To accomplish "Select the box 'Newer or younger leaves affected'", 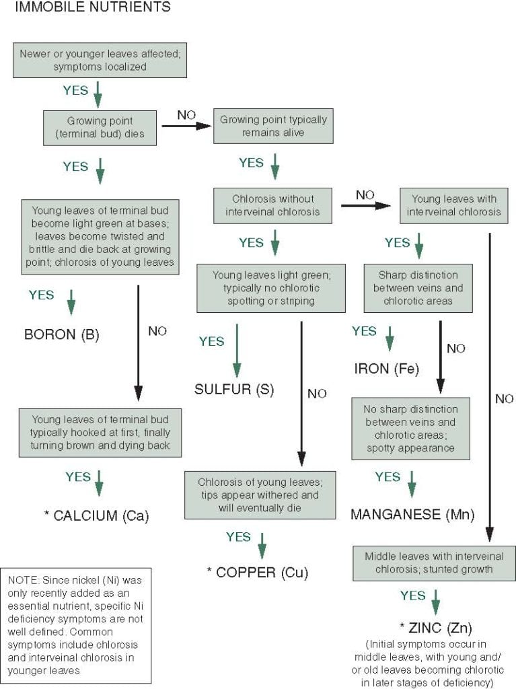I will pyautogui.click(x=100, y=61).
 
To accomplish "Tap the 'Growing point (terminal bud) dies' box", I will pyautogui.click(x=100, y=127).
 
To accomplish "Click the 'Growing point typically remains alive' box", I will pyautogui.click(x=273, y=126).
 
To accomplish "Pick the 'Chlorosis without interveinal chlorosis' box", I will pyautogui.click(x=273, y=205).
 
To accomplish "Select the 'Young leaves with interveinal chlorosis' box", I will pyautogui.click(x=453, y=205).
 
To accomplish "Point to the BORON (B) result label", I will pyautogui.click(x=61, y=334).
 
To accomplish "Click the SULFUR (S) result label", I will pyautogui.click(x=234, y=389).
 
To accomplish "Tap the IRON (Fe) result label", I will pyautogui.click(x=386, y=369).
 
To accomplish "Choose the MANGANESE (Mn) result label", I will pyautogui.click(x=412, y=515).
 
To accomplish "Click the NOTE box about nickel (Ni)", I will pyautogui.click(x=79, y=622).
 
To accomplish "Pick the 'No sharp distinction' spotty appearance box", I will pyautogui.click(x=410, y=428).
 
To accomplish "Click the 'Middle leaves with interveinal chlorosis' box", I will pyautogui.click(x=434, y=563).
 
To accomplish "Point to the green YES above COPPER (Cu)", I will pyautogui.click(x=239, y=537).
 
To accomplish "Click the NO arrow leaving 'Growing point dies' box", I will pyautogui.click(x=186, y=124).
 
